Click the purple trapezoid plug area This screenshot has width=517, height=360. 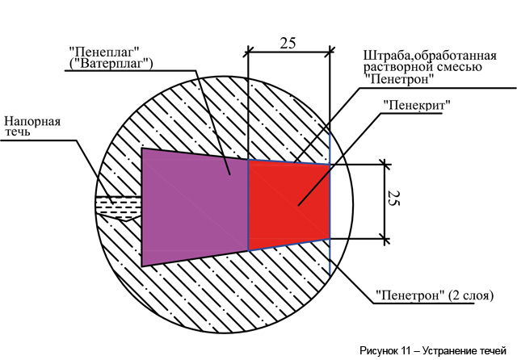(195, 206)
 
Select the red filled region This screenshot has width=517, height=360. (289, 205)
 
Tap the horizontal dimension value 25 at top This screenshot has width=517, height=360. (288, 43)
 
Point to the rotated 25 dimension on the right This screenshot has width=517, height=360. (393, 198)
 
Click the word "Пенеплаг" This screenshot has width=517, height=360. (104, 52)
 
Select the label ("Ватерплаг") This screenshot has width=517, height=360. (111, 63)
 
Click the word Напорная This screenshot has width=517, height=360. (32, 121)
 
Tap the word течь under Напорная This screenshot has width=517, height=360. (17, 132)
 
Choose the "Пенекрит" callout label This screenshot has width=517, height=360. (417, 105)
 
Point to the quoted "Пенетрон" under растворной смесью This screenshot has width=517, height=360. (398, 79)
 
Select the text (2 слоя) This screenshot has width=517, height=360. (471, 295)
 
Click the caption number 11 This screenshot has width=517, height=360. (406, 351)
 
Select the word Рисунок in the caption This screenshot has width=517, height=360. (379, 351)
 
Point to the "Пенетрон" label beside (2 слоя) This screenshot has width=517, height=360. (410, 295)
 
